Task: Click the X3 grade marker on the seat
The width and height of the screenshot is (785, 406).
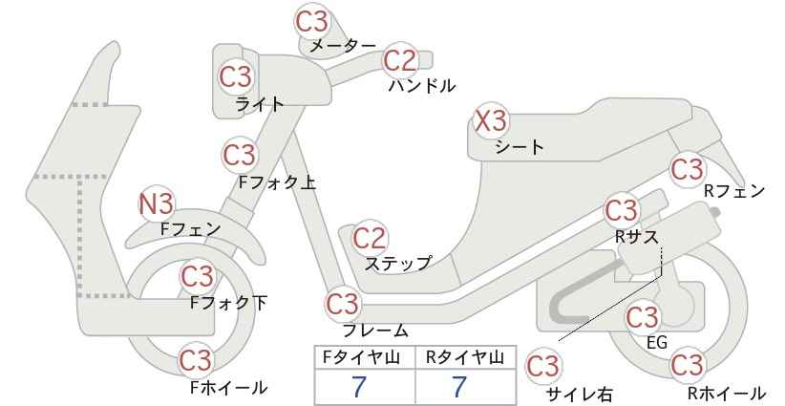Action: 491,121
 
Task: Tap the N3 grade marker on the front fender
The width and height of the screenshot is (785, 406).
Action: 157,204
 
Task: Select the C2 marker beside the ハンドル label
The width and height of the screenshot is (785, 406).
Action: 400,60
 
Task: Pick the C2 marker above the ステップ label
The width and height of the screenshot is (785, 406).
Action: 370,238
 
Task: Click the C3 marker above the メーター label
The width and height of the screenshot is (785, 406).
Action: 311,22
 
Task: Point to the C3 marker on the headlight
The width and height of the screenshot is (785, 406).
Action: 236,76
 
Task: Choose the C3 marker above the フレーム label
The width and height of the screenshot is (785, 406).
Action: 343,304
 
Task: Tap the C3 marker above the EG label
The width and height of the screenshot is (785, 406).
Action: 643,317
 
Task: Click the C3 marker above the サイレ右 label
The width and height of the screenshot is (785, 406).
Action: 543,367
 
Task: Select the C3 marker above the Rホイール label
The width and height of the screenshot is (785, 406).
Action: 687,365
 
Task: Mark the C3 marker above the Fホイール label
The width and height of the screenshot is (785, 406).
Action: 197,360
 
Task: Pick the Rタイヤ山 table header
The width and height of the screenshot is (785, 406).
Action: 465,357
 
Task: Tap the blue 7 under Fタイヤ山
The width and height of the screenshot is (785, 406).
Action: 358,387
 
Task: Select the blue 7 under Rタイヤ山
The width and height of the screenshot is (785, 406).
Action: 459,387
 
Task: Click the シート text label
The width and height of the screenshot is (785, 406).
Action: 520,147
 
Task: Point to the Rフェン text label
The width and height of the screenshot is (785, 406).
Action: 734,191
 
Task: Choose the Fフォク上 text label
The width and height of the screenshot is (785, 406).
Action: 277,182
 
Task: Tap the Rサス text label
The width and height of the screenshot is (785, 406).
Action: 636,237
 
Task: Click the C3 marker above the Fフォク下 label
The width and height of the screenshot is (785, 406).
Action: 198,276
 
